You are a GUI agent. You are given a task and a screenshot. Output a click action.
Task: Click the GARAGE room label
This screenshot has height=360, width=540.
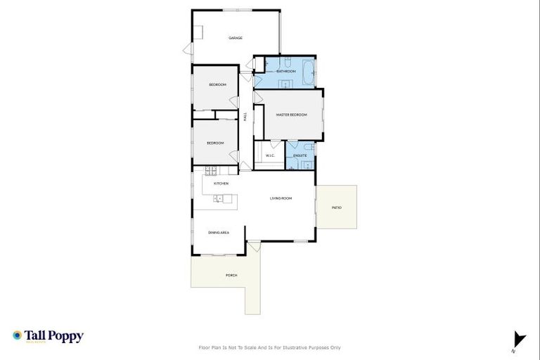235,38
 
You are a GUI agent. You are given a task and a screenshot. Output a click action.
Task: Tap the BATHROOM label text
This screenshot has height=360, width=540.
285,72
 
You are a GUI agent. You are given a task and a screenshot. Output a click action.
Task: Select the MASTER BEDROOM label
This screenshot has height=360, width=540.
291,115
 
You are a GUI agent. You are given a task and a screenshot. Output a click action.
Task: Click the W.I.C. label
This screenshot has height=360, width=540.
269,155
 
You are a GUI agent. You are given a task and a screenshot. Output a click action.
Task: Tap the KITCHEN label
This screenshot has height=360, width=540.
221,184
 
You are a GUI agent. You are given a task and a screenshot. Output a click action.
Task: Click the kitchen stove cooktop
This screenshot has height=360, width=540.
211,170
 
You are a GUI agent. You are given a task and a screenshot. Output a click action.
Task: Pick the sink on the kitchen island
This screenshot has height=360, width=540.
219,199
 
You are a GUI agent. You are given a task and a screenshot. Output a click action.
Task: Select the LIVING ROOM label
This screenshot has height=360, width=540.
281,199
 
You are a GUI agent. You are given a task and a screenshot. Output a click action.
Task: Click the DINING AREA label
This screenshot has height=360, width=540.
219,232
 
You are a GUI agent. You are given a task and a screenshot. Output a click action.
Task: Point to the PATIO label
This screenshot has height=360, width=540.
336,207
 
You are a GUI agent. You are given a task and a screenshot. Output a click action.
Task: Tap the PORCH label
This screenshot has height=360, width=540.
231,275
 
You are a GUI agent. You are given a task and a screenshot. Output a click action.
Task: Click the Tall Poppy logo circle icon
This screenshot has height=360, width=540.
17,336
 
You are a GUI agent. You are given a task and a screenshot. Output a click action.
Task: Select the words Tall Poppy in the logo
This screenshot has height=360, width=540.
54,336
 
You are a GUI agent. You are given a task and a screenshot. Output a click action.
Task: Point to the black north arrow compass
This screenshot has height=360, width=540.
518,338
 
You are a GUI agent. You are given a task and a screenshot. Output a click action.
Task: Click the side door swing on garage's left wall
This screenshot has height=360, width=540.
187,49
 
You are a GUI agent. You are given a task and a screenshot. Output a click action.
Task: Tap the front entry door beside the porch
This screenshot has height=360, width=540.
253,246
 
